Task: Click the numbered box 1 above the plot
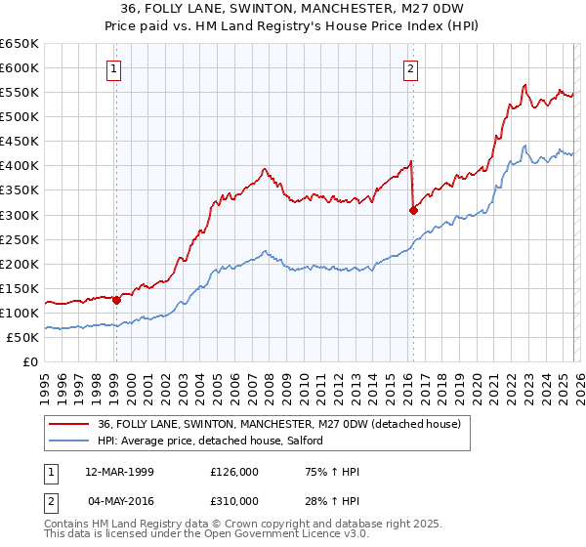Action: pyautogui.click(x=115, y=68)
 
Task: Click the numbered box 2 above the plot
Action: pyautogui.click(x=410, y=68)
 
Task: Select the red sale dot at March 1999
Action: pyautogui.click(x=116, y=300)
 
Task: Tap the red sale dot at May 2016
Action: pyautogui.click(x=413, y=209)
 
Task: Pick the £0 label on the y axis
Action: pyautogui.click(x=31, y=361)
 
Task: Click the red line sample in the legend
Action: pyautogui.click(x=69, y=424)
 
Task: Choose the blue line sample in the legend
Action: pyautogui.click(x=69, y=441)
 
